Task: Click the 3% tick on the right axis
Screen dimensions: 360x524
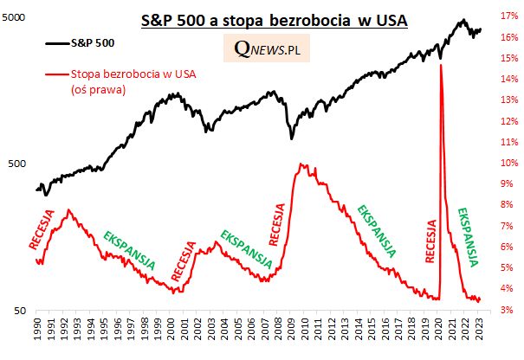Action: point(507,310)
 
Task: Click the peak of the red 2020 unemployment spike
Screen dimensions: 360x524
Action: point(442,66)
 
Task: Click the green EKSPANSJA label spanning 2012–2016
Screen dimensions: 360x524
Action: point(377,231)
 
